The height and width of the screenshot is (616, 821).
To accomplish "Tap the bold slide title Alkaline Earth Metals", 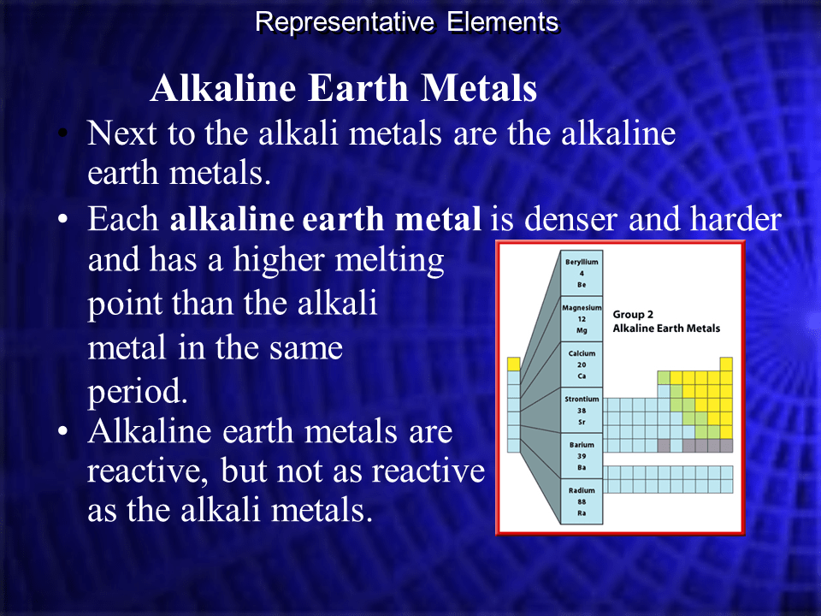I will coord(344,89).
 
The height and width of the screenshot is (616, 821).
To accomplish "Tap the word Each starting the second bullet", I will coord(123,220).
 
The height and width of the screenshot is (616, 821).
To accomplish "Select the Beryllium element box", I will coord(582,273).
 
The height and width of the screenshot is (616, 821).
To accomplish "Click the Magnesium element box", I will coord(582,318).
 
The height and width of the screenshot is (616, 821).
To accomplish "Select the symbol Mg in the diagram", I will coord(582,329).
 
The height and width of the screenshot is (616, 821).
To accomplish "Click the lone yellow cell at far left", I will coord(513,364).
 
